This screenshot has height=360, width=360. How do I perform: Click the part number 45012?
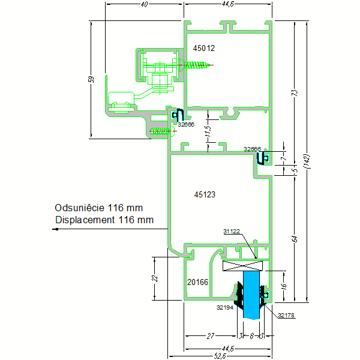204,47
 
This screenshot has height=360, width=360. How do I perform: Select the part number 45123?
204,194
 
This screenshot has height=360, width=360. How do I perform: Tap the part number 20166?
197,281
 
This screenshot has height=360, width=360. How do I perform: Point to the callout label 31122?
232,231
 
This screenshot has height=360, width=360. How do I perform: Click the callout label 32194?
224,307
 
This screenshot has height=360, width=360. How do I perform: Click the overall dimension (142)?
306,161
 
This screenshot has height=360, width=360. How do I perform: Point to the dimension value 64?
295,239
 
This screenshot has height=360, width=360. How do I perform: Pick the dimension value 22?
154,278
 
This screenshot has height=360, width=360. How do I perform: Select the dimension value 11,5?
208,133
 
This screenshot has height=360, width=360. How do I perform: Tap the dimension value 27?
211,337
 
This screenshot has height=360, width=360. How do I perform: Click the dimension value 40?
144,5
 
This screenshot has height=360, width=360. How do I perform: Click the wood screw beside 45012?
196,65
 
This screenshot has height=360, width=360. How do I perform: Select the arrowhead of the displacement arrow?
56,229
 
